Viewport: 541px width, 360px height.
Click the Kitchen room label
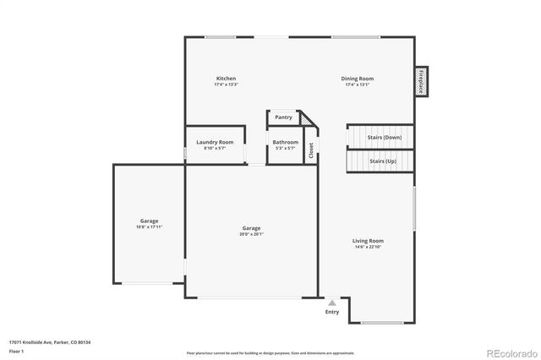(x=226, y=79)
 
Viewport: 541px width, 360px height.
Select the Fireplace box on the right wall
(x=420, y=81)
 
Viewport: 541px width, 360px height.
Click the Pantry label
(x=283, y=117)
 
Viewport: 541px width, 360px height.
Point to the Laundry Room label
(x=215, y=142)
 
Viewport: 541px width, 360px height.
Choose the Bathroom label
(x=285, y=142)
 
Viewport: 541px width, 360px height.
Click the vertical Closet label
(x=311, y=150)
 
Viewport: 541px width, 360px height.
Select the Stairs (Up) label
(x=383, y=160)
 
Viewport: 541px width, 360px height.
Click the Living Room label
(x=369, y=241)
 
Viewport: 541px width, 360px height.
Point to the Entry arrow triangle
(x=332, y=302)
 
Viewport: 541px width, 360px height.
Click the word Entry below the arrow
(x=332, y=312)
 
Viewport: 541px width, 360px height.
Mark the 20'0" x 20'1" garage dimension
(x=251, y=234)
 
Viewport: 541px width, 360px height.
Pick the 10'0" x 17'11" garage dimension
(x=149, y=227)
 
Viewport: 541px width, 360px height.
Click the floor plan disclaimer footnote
(x=270, y=352)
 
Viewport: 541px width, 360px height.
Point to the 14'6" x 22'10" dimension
(x=369, y=248)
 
